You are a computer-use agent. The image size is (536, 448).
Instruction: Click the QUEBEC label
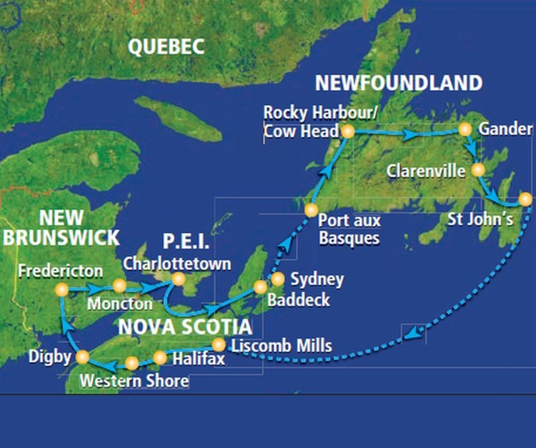click(166, 47)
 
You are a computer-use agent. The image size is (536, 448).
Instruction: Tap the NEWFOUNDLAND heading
click(399, 83)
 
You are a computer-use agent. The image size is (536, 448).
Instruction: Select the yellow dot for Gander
click(465, 129)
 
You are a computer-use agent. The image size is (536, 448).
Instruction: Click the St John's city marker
click(525, 199)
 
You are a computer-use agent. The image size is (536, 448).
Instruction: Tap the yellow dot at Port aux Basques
click(311, 210)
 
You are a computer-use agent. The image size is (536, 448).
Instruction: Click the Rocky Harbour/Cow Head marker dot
click(347, 131)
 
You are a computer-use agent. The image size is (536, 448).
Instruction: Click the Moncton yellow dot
click(119, 286)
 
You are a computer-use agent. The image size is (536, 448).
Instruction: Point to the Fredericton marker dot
click(61, 290)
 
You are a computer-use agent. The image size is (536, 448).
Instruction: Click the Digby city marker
click(82, 357)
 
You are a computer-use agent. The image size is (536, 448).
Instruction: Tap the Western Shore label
click(134, 381)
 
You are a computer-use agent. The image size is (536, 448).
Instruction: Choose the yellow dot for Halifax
click(159, 357)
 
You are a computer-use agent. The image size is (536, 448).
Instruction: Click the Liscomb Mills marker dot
click(219, 345)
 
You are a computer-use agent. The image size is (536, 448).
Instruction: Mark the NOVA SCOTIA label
click(185, 327)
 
